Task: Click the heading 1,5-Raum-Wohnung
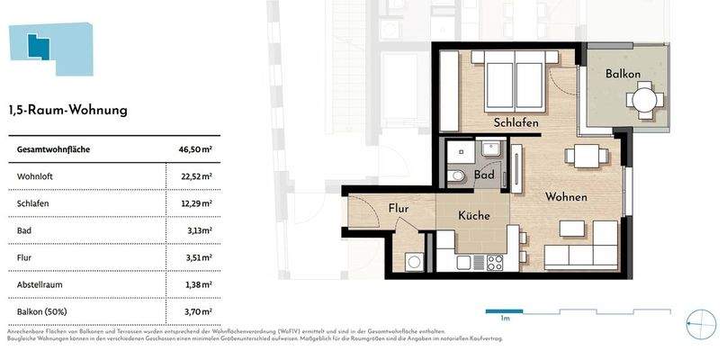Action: [68, 111]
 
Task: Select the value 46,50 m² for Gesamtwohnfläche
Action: [195, 149]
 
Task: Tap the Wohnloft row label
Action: [36, 176]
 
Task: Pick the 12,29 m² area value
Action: [195, 203]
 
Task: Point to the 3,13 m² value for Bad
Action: [198, 230]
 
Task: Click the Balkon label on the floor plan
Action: [623, 73]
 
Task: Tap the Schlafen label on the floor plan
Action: [516, 122]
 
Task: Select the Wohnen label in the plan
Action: [565, 197]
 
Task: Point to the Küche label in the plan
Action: [473, 216]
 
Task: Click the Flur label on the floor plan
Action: [399, 209]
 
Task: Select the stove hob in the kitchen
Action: [494, 262]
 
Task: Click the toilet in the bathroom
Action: [458, 176]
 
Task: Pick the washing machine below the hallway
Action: [415, 262]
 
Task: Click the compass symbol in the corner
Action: [699, 322]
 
